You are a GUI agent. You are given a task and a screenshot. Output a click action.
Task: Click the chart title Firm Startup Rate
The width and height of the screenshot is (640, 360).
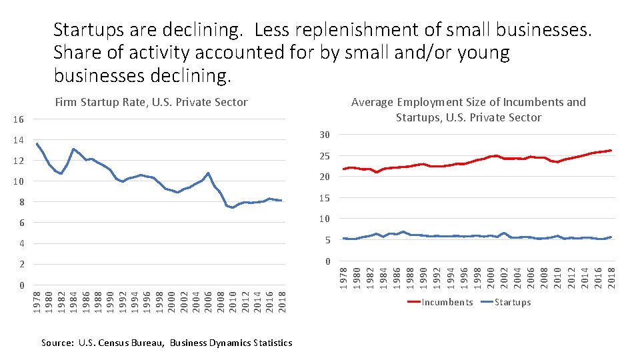(x=151, y=102)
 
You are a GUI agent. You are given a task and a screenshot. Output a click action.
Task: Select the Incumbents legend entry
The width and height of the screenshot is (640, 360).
(x=447, y=302)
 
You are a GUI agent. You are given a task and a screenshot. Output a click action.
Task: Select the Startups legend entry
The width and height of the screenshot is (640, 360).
(x=512, y=302)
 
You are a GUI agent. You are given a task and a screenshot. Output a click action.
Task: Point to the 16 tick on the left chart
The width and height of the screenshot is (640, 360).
(x=19, y=120)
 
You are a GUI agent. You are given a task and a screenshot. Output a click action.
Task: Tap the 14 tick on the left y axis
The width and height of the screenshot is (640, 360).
(x=19, y=141)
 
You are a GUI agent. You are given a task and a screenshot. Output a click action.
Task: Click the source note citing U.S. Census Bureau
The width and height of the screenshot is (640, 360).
(x=167, y=343)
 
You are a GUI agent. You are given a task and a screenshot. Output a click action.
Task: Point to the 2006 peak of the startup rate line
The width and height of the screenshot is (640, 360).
(x=209, y=173)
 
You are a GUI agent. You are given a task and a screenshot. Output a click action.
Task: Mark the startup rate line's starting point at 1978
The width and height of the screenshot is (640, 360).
(x=37, y=143)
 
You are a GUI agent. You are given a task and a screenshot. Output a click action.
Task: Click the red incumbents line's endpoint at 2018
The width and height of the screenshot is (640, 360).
(x=611, y=150)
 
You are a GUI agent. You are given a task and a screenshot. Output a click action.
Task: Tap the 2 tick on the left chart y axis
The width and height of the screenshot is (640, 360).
(x=21, y=265)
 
